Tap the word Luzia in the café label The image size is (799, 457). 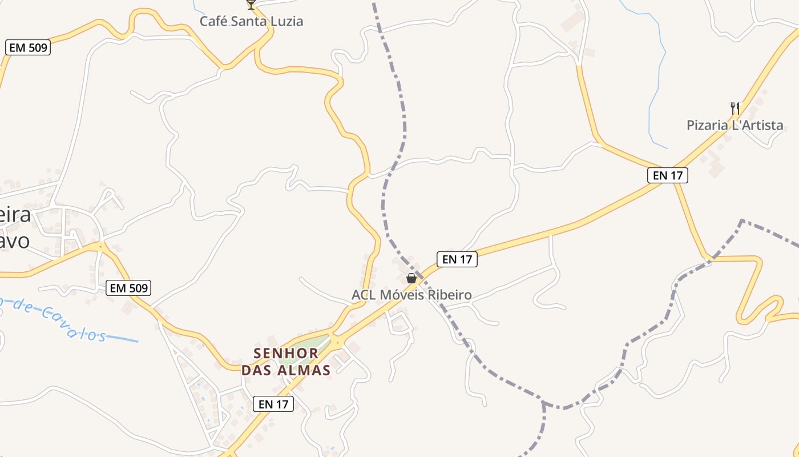point(286,22)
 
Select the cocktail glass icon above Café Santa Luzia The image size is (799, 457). point(251,5)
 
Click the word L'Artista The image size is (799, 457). point(759,125)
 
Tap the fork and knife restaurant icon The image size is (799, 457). point(735,108)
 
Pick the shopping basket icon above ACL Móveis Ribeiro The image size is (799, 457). point(411,278)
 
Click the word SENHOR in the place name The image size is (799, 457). point(286,353)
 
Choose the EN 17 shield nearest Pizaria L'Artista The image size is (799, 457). point(667,175)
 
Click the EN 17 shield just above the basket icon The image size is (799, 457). point(457,259)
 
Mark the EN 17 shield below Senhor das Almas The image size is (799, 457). point(273,404)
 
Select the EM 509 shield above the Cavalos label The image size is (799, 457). point(128,288)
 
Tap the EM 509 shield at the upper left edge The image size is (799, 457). point(28,47)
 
